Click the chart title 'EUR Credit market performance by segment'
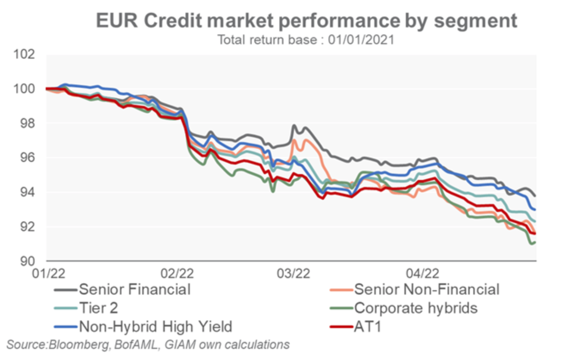click(x=306, y=20)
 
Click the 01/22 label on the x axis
click(x=47, y=273)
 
